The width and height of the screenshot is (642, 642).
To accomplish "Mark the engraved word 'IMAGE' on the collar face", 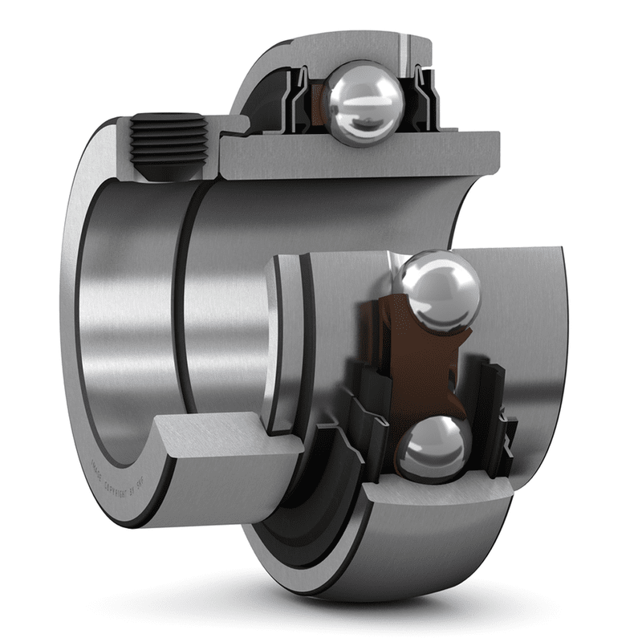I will pos(97,465).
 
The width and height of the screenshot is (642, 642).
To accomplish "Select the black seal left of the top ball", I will pos(301,96).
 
